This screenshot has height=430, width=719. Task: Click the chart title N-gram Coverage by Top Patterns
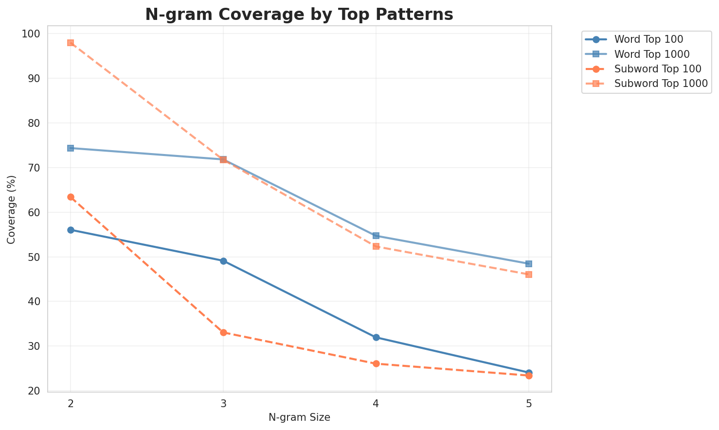tap(299, 15)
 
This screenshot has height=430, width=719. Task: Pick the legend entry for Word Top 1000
tap(652, 53)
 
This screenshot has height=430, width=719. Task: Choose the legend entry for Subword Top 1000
tap(660, 83)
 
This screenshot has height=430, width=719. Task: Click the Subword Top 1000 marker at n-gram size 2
tap(71, 43)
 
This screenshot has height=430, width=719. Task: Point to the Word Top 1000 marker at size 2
tap(71, 148)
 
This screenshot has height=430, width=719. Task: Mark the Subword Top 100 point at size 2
tap(71, 197)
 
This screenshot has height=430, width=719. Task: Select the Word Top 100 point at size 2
tap(71, 230)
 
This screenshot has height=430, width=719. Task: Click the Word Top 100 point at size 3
tap(223, 261)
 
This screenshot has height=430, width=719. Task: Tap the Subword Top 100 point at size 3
tap(223, 333)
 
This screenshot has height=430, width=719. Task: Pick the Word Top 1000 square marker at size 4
tap(376, 236)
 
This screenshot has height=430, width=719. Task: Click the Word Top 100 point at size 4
tap(376, 337)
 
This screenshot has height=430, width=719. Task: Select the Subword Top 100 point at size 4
tap(376, 363)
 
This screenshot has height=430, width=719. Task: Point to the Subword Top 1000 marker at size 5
tap(529, 275)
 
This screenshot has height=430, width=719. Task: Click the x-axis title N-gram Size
tap(299, 417)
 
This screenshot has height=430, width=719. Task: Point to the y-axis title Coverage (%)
tap(11, 209)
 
